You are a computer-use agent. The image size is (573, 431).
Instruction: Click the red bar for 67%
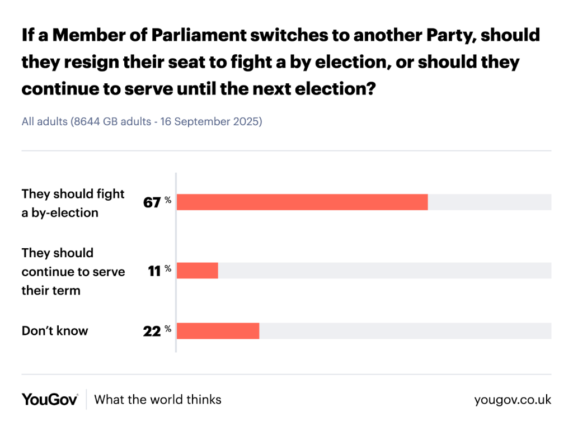[302, 202]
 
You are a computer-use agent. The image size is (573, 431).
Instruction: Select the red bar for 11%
[198, 271]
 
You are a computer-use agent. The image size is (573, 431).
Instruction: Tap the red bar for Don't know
[218, 331]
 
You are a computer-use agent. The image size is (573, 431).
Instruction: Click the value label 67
[152, 202]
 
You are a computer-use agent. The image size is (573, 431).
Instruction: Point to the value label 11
[154, 271]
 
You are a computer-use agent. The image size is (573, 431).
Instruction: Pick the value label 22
[152, 331]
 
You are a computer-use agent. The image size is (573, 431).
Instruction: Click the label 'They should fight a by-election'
[73, 203]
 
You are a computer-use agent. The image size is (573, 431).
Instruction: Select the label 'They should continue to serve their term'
[73, 272]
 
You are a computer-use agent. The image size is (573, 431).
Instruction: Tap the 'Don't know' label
[55, 331]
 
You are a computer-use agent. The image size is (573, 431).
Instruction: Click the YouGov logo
[50, 400]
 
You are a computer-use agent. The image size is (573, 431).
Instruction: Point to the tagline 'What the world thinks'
[158, 400]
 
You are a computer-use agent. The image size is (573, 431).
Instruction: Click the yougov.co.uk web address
[513, 400]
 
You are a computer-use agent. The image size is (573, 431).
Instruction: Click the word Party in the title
[445, 35]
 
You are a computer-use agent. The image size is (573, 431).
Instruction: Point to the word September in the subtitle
[203, 121]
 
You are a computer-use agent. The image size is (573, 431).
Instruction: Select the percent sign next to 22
[168, 329]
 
